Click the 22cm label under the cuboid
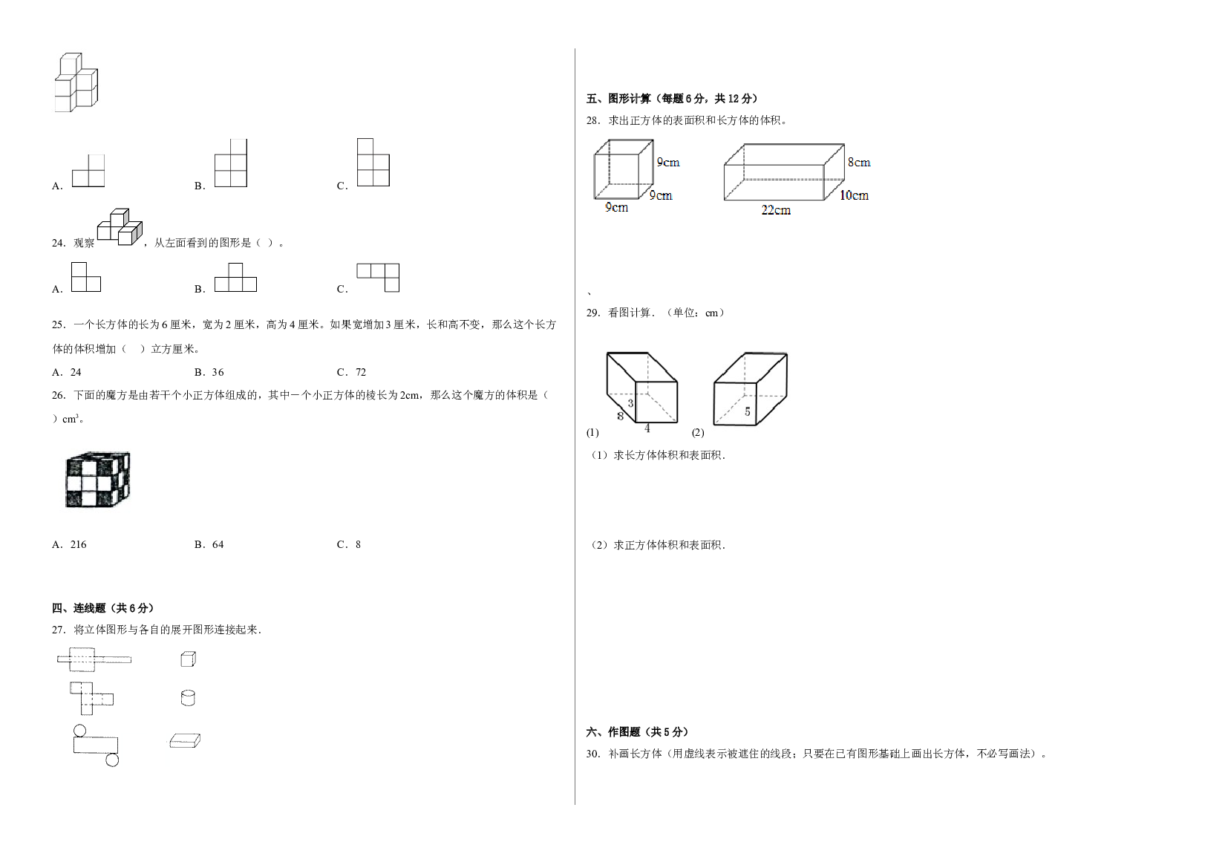tap(776, 210)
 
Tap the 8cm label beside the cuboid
tap(859, 163)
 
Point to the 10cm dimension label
tap(854, 195)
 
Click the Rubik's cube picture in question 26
tap(98, 479)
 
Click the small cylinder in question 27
tap(188, 697)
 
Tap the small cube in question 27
tap(188, 659)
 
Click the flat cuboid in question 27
tap(185, 740)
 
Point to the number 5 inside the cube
tap(747, 411)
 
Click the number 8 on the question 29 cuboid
tap(620, 416)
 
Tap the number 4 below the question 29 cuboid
tap(647, 428)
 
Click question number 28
tap(593, 120)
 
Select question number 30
tap(593, 754)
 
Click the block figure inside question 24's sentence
tap(120, 227)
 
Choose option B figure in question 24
tap(235, 277)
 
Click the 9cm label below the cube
tap(616, 207)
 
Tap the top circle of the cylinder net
tap(80, 731)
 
